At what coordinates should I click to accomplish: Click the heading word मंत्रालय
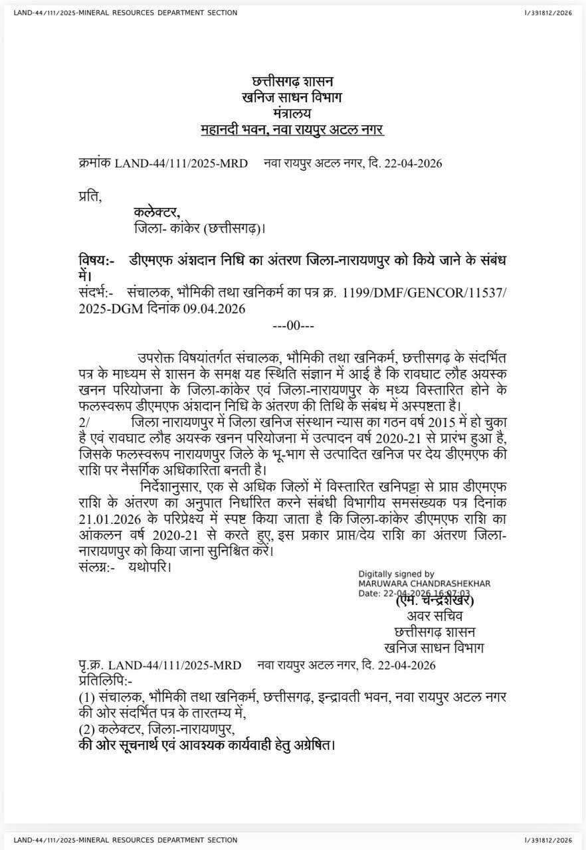[292, 113]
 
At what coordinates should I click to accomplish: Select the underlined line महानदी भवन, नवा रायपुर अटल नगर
[292, 129]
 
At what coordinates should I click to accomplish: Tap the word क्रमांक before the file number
[94, 163]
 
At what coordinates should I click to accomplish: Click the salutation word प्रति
[90, 196]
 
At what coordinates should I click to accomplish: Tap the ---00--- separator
[293, 325]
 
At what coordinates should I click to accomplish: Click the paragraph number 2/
[84, 422]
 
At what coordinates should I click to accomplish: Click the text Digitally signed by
[396, 574]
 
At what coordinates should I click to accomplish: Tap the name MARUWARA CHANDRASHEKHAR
[424, 583]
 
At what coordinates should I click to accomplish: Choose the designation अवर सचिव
[434, 616]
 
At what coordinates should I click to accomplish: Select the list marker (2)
[86, 728]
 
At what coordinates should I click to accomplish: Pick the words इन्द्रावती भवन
[349, 697]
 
